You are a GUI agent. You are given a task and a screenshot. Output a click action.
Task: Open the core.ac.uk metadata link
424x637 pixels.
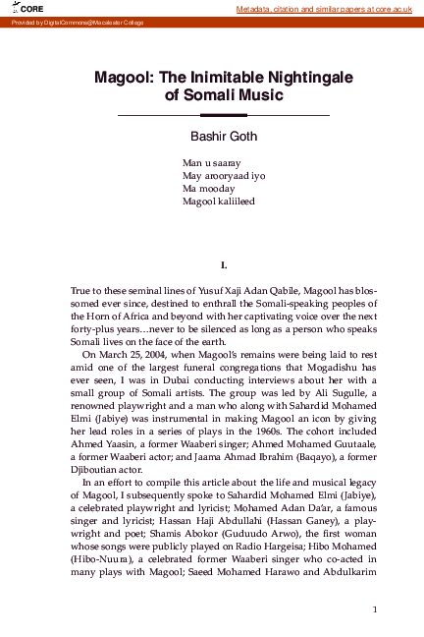328,9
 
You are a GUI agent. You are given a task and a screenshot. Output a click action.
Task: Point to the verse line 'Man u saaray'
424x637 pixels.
212,162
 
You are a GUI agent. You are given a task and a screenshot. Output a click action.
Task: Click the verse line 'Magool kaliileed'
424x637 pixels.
219,201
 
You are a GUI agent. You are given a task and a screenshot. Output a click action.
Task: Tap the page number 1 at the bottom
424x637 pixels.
375,609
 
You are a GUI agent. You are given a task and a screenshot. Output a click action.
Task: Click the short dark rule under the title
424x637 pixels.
216,116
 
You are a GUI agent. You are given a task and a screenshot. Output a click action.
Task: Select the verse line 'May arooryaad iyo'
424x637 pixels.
225,175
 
